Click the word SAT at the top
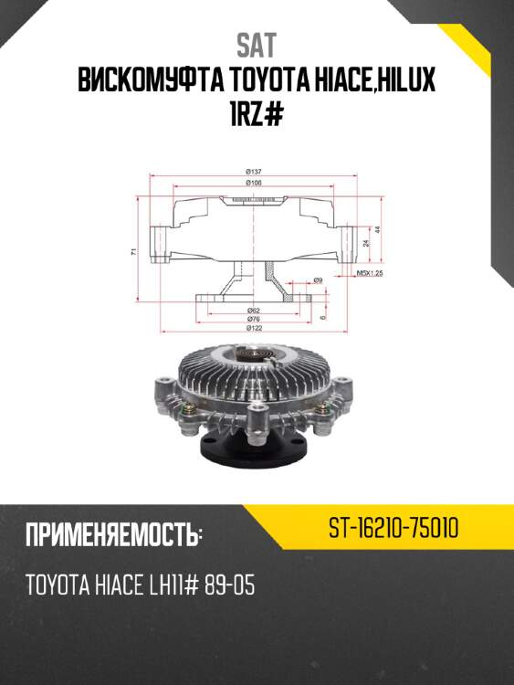click(256, 45)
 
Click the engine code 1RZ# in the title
click(257, 117)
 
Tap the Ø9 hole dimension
click(319, 279)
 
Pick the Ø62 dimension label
click(255, 311)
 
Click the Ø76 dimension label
click(255, 319)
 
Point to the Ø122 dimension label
click(255, 328)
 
